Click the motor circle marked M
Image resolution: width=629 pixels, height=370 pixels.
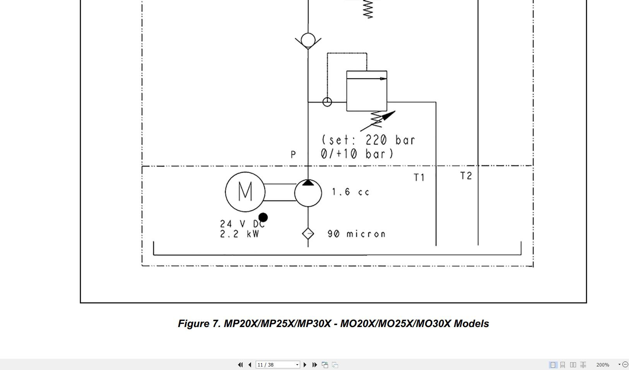[245, 192]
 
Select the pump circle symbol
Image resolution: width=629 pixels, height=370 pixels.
[308, 192]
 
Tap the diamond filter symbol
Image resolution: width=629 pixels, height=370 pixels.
[308, 234]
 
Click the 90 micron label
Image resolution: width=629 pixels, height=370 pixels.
[356, 234]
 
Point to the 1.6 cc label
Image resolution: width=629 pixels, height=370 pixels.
[350, 192]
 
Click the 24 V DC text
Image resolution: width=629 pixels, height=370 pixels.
[242, 224]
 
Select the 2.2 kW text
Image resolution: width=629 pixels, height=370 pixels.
[239, 234]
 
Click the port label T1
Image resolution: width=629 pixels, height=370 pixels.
[419, 177]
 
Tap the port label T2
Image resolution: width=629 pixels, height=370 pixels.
[466, 176]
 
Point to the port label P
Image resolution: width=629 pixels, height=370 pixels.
[293, 154]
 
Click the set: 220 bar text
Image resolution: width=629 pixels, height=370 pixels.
[368, 140]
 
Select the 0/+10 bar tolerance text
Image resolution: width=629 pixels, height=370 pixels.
[357, 154]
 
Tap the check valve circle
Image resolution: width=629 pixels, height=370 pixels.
[308, 40]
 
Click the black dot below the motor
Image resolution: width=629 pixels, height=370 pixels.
[263, 218]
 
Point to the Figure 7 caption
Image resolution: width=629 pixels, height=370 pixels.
[333, 324]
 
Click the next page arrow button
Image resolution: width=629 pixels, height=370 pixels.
[305, 365]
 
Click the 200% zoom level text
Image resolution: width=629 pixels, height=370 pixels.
[602, 365]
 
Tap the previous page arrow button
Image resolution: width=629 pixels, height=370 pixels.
[250, 365]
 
